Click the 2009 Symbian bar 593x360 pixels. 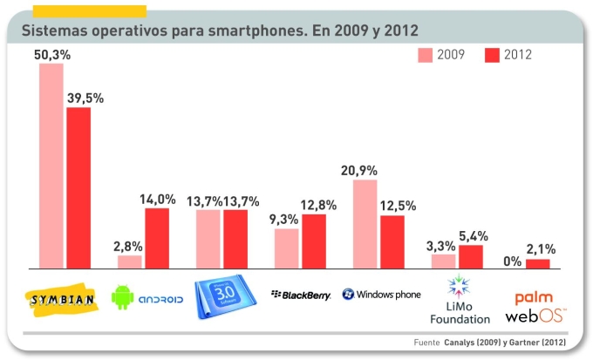tap(51, 166)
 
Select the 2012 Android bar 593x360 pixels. tap(157, 238)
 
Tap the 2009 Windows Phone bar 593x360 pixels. tap(365, 224)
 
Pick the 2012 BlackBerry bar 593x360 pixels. tap(314, 241)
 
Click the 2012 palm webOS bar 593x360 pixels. tap(538, 263)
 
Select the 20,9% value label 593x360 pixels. tap(365, 170)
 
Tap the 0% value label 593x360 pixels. tap(513, 260)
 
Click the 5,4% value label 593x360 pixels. tap(472, 235)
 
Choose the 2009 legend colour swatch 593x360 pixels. tap(426, 55)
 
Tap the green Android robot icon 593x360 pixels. tap(122, 297)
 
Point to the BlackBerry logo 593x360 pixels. tap(302, 295)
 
